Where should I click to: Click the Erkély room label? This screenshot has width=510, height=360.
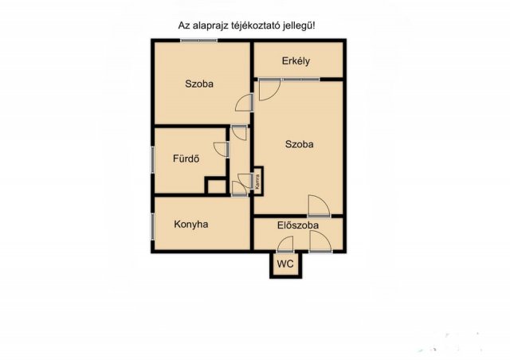point(296,61)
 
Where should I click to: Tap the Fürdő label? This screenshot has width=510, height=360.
point(186,158)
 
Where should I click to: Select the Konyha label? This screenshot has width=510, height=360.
point(191,225)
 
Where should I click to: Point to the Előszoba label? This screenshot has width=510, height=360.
point(298,225)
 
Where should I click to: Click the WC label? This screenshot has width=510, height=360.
point(285,264)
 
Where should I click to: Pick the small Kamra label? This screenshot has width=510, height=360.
point(257,182)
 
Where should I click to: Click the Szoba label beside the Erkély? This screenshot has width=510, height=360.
point(300,144)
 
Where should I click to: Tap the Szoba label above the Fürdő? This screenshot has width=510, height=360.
point(199,84)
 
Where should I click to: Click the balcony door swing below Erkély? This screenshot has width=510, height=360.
point(269,90)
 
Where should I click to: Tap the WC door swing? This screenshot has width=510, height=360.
point(285,244)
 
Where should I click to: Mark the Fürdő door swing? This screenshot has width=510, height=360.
point(222,149)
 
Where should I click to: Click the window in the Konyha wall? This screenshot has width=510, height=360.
point(152,227)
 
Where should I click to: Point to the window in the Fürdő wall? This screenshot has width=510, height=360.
point(152,159)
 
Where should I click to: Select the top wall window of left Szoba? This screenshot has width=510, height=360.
point(198,41)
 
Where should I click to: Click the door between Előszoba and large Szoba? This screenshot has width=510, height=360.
point(319,205)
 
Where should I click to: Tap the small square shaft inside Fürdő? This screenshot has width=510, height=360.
point(216,186)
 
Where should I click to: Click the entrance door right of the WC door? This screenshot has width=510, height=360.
point(320,241)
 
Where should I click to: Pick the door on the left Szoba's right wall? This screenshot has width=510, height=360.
point(245,103)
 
